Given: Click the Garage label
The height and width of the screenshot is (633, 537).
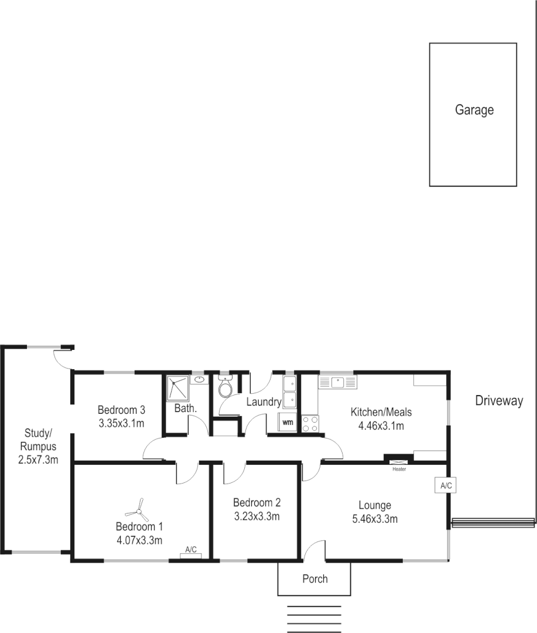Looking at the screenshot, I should coord(474,110).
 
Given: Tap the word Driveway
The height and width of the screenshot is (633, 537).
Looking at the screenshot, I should coord(498,401).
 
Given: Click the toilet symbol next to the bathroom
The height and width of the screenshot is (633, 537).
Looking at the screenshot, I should coord(225,387).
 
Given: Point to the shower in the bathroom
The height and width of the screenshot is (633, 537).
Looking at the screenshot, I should coord(177,387).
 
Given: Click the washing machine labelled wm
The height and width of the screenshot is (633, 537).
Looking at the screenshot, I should coord(288,421).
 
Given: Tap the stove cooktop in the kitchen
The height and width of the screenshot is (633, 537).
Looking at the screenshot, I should coord(310,424).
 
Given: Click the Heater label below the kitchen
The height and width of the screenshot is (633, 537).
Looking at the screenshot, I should coord(399,469).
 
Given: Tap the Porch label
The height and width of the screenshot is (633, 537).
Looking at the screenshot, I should coord(315,579).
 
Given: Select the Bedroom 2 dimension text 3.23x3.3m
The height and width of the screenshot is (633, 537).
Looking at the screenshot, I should coord(256,516).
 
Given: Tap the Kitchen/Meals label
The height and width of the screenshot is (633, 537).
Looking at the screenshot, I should coord(381,412).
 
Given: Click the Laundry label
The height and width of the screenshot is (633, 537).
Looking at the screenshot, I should coord(264,402).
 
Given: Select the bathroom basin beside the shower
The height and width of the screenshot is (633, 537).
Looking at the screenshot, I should coord(200,380).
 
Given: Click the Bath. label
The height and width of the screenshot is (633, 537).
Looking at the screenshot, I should coord(185,408).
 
